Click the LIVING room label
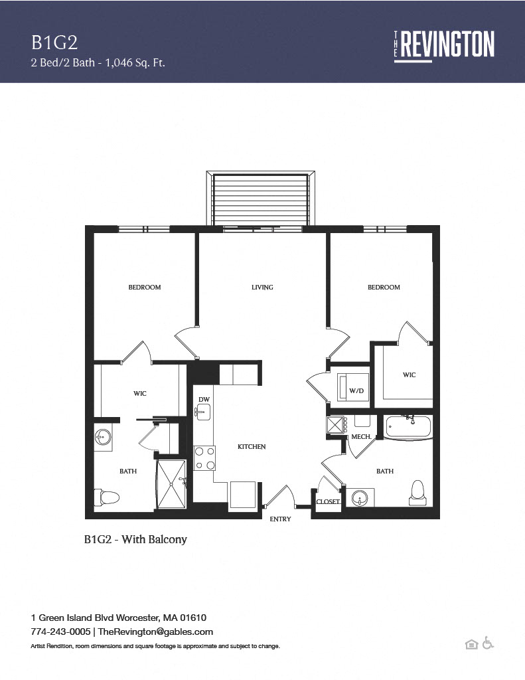262,287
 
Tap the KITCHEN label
252,447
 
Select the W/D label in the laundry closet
356,390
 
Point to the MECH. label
361,437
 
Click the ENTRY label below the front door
281,519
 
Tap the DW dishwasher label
204,399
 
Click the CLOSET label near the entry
328,502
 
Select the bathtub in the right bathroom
408,427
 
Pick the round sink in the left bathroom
103,436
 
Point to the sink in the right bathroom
360,497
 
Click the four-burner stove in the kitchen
204,458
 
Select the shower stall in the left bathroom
171,484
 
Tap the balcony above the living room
261,198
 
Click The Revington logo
444,44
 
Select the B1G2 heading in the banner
54,42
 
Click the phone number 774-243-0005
60,632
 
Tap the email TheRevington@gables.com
155,632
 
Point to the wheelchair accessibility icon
488,643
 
